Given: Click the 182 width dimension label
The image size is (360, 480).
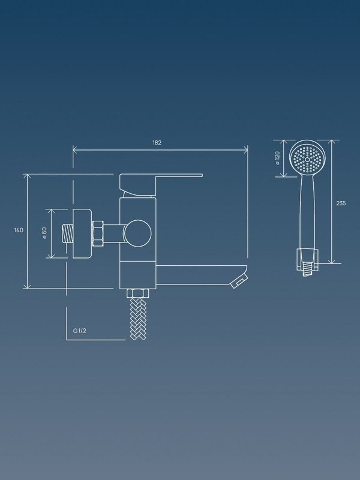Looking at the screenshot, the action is [157, 143].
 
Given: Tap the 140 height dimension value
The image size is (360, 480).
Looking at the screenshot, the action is [19, 230].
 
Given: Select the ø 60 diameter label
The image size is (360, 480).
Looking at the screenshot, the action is [44, 233].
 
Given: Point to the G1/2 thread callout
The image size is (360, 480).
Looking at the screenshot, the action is [80, 331].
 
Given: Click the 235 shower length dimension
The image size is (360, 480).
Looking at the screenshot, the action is [341, 203].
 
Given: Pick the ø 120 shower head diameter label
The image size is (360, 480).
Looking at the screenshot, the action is [278, 158].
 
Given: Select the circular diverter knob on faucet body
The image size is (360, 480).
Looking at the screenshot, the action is [138, 233].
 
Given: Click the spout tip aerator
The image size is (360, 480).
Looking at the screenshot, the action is [239, 280].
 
